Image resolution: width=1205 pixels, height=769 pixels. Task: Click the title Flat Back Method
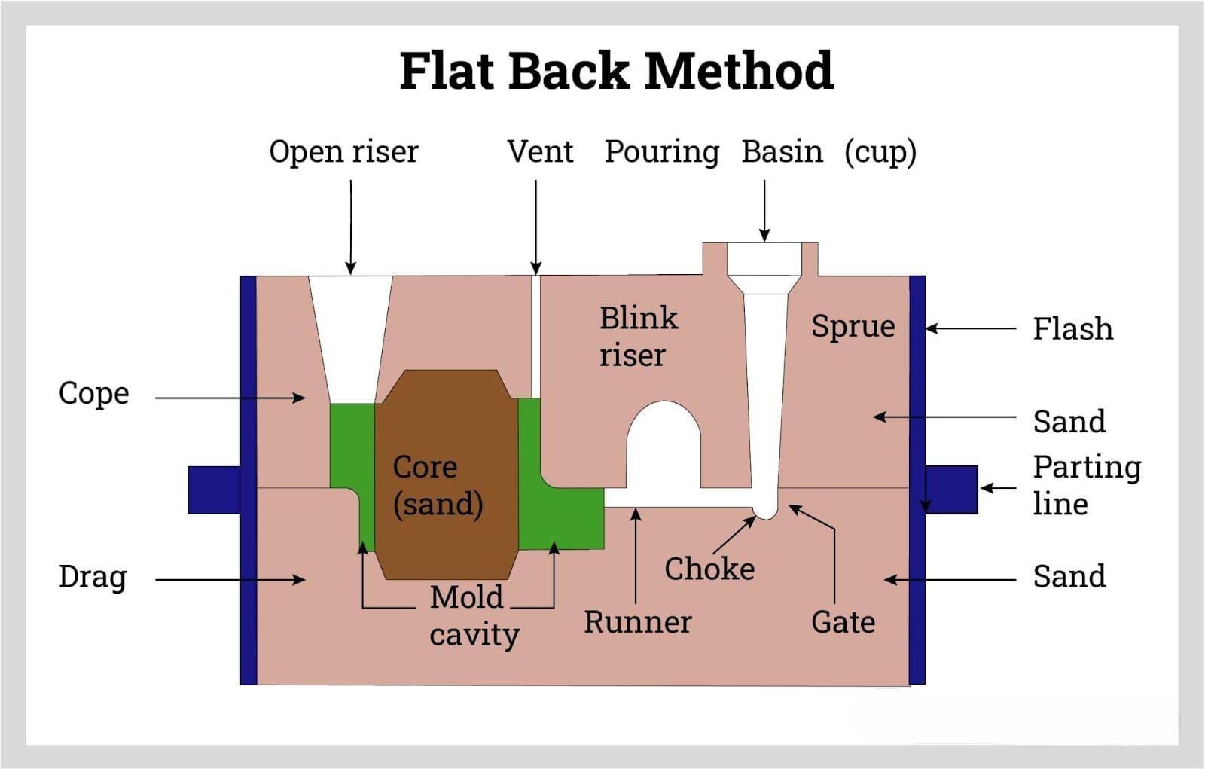coord(616,71)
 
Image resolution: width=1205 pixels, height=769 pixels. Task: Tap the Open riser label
coord(343,151)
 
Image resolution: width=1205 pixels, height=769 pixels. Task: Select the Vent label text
coord(540,151)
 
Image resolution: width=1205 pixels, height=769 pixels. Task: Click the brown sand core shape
coord(447,475)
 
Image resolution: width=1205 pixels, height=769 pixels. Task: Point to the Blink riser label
coord(638,336)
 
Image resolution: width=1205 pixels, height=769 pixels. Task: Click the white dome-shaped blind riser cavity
coord(664,448)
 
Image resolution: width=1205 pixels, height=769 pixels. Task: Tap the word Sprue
coord(853,326)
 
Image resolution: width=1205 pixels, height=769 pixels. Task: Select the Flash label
coord(1072,329)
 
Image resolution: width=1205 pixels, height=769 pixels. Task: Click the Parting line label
coord(1087,485)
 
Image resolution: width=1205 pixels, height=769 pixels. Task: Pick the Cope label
coord(94,393)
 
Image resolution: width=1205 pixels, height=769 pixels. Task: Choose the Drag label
coord(93,577)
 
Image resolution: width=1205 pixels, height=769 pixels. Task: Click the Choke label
coord(709,569)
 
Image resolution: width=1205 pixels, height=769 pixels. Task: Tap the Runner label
coord(638,622)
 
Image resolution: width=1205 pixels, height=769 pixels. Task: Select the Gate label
coord(843,622)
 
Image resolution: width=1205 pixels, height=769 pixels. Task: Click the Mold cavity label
coord(474,615)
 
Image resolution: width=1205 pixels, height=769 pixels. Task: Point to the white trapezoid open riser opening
coord(351,331)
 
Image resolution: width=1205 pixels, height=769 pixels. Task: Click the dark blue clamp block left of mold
coord(214,490)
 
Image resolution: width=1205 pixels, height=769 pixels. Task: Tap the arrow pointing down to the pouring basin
coord(764,210)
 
